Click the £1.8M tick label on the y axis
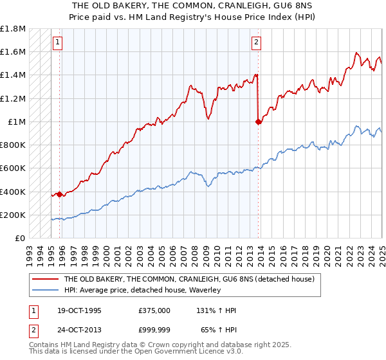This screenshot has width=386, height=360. point(13,29)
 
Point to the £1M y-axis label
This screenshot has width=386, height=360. point(16,122)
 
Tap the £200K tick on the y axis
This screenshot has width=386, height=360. point(13,215)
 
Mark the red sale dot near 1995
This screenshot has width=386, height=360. point(60,194)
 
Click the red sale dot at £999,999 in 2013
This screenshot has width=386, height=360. point(259,121)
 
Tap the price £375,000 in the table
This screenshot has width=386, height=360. point(154,310)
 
